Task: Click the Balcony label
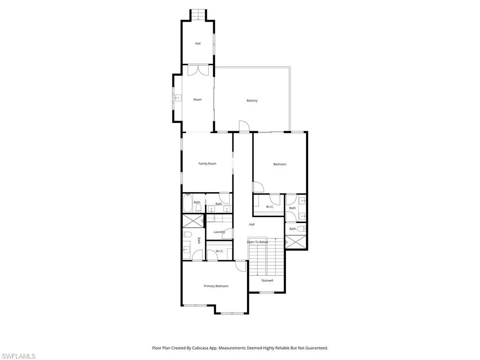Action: click(x=252, y=100)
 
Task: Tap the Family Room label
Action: click(x=207, y=164)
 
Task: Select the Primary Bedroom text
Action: click(x=216, y=286)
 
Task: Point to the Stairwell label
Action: click(x=267, y=280)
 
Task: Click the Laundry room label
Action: click(x=219, y=232)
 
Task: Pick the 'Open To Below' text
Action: click(x=257, y=242)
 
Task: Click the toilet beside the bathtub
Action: click(x=198, y=207)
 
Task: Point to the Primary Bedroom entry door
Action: click(x=240, y=265)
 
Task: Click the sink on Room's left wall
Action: click(x=178, y=98)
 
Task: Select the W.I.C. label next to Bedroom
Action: click(x=270, y=207)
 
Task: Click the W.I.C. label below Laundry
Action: click(x=219, y=251)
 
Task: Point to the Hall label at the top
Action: click(x=198, y=44)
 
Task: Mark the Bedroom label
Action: click(x=279, y=164)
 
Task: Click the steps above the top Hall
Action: click(x=198, y=15)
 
